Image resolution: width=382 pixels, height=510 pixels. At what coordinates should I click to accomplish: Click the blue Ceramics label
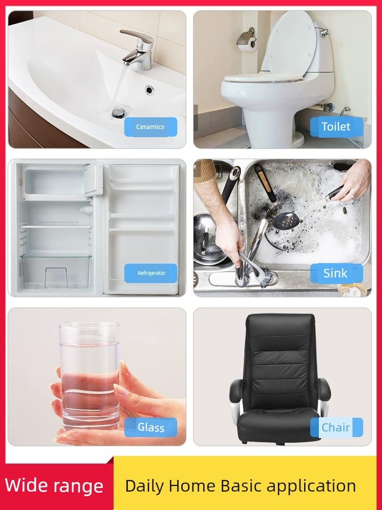151,127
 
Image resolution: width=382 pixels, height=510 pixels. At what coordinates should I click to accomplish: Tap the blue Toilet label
337,127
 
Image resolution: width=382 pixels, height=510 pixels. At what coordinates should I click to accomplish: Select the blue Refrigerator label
151,273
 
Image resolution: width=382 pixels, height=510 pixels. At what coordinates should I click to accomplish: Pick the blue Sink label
337,273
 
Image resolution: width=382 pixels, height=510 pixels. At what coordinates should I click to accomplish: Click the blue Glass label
151,427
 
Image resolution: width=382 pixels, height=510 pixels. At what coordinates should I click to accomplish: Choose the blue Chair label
337,427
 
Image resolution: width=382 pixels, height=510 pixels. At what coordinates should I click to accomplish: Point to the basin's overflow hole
149,89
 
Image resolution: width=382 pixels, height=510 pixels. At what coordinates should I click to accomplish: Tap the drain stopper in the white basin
118,113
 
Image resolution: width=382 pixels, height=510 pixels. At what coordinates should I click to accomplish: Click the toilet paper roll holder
248,39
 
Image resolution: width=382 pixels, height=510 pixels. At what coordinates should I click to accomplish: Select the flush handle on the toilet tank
324,32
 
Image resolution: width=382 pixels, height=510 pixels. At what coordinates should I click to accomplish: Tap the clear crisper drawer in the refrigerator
56,271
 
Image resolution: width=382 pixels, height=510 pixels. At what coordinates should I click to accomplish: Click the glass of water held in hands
89,376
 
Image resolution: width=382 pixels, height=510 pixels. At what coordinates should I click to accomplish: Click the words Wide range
54,486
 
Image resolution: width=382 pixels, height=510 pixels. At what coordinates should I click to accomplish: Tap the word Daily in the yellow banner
144,486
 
